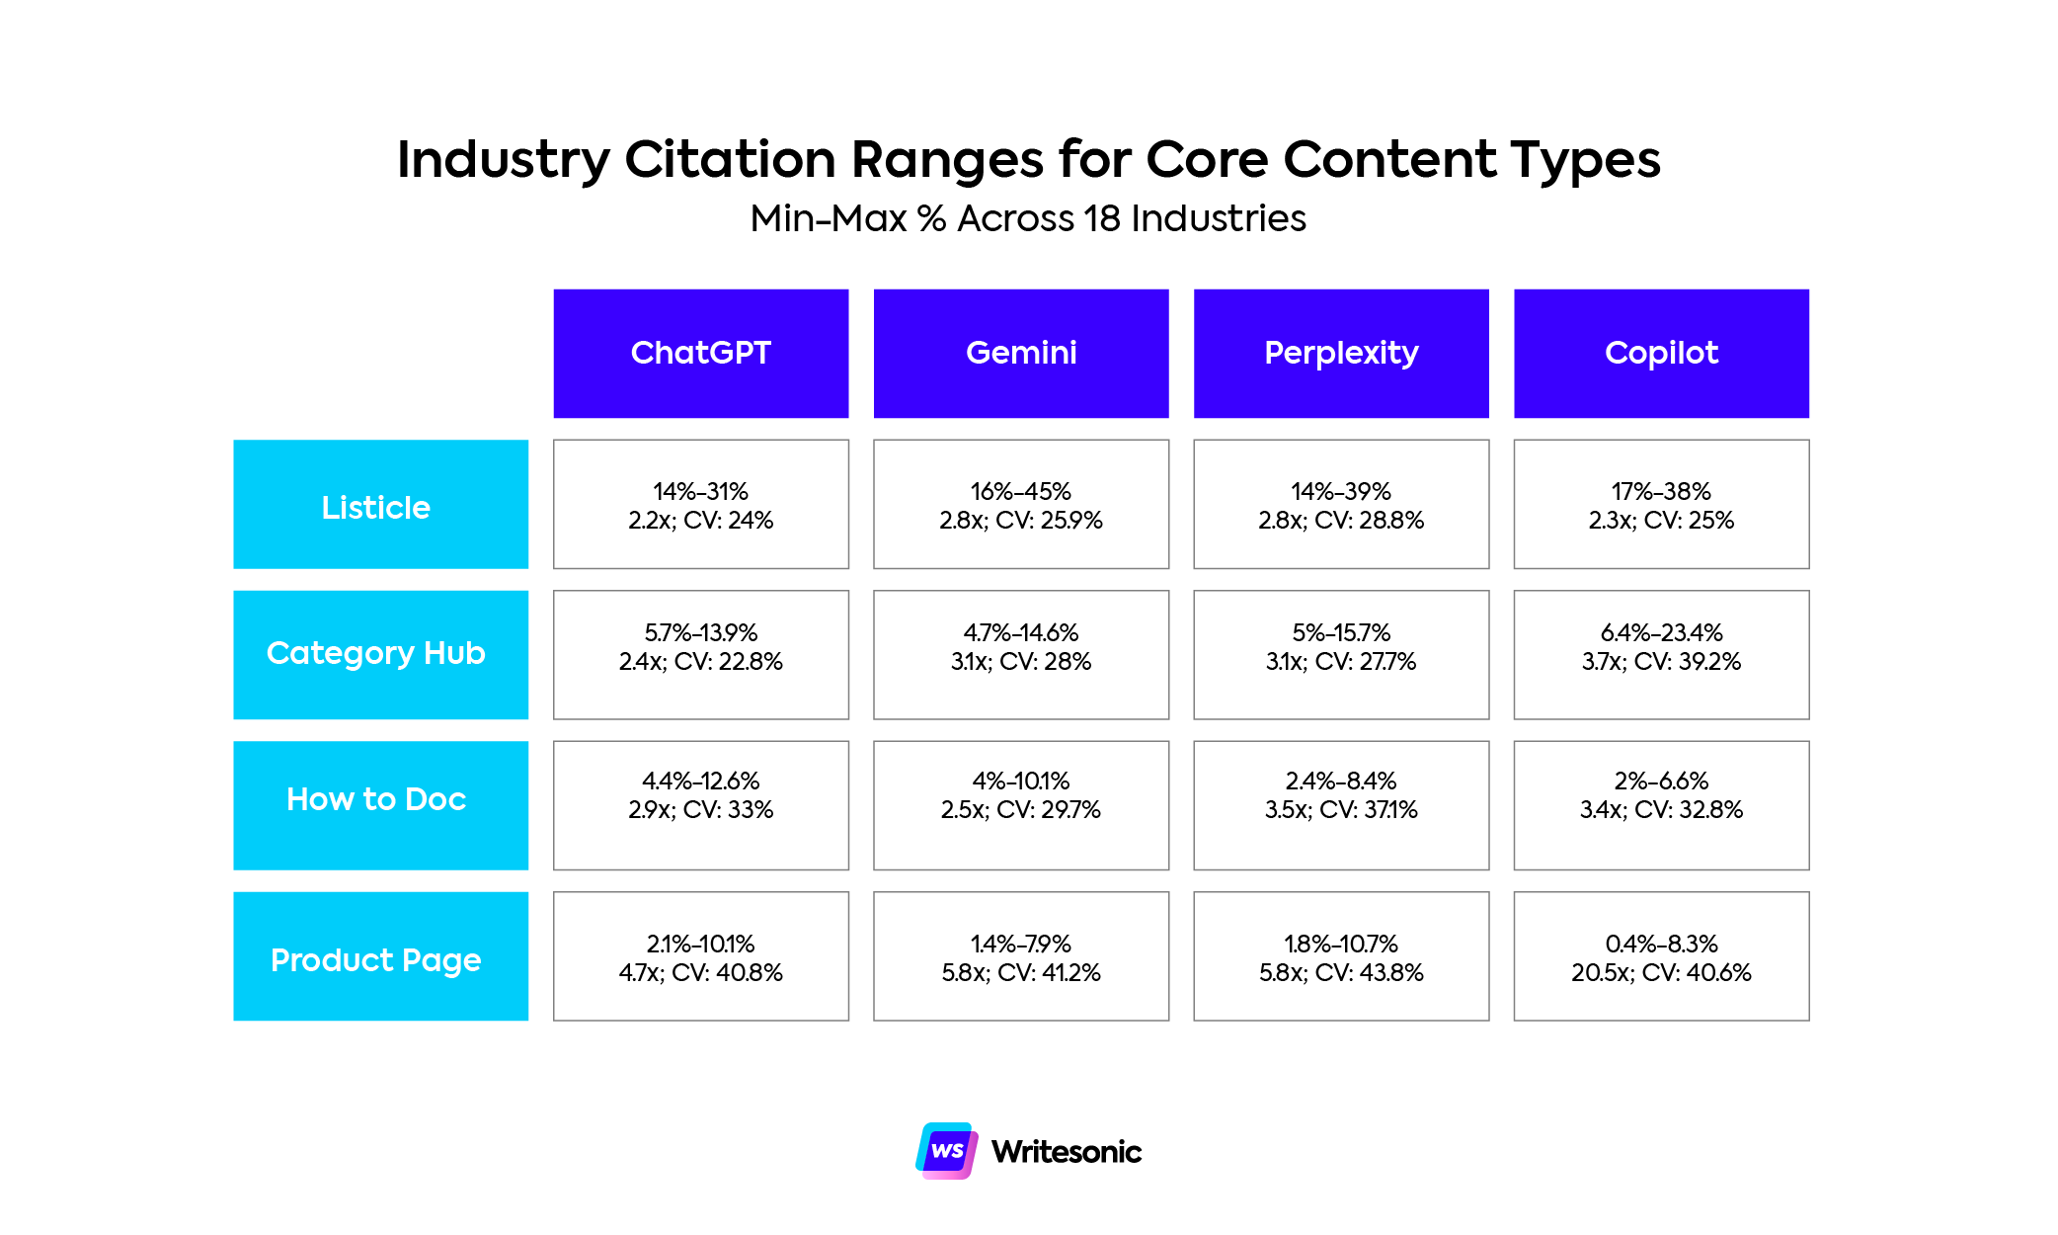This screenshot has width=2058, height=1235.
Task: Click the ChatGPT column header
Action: click(700, 353)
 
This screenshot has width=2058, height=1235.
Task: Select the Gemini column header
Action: click(1020, 353)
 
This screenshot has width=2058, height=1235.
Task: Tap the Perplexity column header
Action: click(1340, 353)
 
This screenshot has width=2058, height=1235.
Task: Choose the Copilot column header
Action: click(1660, 353)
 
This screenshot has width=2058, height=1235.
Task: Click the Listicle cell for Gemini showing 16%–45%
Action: click(1020, 505)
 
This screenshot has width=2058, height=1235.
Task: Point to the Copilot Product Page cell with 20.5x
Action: click(1660, 956)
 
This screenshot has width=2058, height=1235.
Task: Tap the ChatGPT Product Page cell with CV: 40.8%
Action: click(700, 956)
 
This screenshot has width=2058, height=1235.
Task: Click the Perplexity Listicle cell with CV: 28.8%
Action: click(1340, 505)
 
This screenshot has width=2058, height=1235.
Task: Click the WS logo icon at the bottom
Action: click(946, 1150)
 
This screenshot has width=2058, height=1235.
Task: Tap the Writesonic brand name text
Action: click(1066, 1152)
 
